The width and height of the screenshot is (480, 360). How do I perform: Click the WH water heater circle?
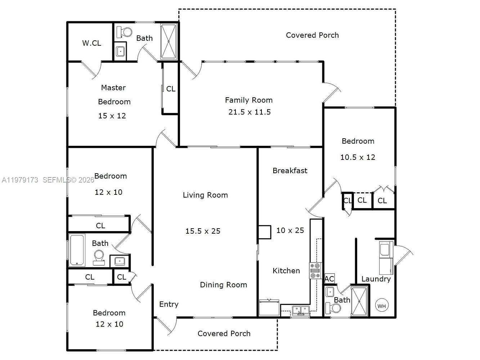[382, 306]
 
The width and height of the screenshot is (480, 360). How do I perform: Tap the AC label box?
[329, 279]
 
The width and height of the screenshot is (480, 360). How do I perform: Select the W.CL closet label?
[91, 43]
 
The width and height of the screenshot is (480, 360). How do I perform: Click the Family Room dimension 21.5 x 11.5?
[249, 112]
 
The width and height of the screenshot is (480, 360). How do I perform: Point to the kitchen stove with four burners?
[315, 271]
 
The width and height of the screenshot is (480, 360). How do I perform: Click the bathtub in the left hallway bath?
[77, 250]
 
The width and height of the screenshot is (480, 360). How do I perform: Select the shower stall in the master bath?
[169, 41]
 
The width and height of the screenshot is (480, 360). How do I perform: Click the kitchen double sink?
[300, 310]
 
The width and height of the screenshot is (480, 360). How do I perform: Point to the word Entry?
[169, 304]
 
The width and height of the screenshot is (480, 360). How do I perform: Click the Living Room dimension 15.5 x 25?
[203, 231]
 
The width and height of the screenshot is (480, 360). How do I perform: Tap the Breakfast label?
[290, 171]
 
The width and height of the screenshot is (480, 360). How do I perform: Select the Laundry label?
[376, 279]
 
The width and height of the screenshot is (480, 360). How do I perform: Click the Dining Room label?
[223, 285]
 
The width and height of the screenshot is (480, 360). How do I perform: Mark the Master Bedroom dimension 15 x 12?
[112, 116]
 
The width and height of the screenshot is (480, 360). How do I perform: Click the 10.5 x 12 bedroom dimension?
[358, 157]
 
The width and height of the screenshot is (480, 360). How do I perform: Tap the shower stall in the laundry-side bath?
[359, 301]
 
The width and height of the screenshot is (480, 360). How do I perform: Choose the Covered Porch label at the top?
[312, 35]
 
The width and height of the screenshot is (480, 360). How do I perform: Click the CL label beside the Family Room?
[171, 89]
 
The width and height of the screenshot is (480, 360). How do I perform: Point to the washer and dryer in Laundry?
[386, 258]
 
